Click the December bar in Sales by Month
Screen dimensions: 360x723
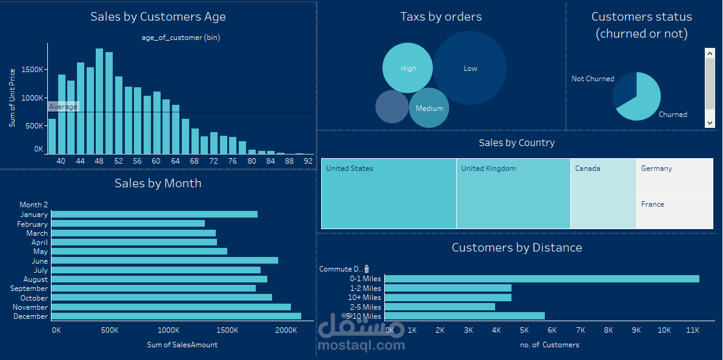click(176, 316)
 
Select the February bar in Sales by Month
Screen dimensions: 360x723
click(128, 224)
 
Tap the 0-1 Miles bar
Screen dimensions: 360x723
click(541, 279)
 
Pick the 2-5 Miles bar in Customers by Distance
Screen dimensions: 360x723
click(439, 307)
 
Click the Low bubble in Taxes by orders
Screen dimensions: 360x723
click(470, 68)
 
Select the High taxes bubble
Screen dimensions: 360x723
click(408, 68)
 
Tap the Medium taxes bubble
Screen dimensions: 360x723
click(429, 108)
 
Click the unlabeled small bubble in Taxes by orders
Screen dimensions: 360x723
click(392, 107)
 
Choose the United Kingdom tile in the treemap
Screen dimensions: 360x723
click(513, 193)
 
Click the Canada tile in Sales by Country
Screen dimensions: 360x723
click(603, 193)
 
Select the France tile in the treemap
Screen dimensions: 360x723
click(675, 212)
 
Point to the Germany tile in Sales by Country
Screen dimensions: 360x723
click(675, 176)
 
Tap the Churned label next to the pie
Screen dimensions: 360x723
click(673, 115)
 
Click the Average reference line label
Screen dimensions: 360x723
click(64, 107)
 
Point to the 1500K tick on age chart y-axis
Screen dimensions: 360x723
click(33, 70)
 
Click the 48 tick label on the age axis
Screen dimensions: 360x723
click(100, 161)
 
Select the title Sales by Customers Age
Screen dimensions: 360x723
click(158, 16)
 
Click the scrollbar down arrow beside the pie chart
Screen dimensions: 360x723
click(710, 122)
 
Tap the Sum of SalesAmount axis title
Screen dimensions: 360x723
click(182, 345)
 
